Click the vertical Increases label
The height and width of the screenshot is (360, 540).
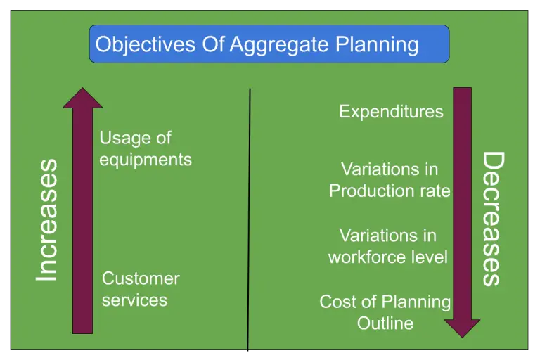[46, 220]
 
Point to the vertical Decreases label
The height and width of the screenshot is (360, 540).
[493, 219]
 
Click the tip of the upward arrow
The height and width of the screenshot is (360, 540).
[83, 90]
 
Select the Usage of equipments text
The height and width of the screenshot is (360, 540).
[145, 148]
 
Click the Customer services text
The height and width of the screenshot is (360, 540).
[141, 289]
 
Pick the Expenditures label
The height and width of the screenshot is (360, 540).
[391, 111]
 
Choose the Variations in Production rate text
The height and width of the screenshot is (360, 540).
[390, 180]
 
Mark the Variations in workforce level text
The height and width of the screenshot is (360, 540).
[387, 246]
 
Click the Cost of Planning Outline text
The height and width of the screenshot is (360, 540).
[385, 312]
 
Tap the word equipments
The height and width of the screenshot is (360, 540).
[145, 160]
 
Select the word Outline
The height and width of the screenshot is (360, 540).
[385, 323]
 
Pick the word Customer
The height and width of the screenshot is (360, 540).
[141, 278]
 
